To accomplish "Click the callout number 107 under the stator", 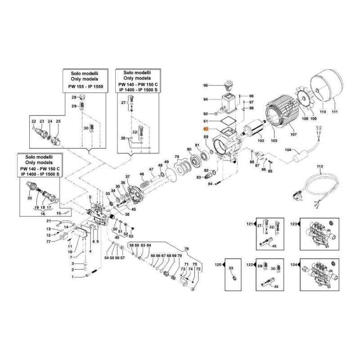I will (x=294, y=134).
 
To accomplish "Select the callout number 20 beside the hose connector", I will (x=30, y=198).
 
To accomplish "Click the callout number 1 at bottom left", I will (x=72, y=277).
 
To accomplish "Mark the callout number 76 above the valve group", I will (x=187, y=249).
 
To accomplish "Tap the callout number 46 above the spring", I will (x=142, y=174).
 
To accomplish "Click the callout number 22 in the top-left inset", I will (x=34, y=122).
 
